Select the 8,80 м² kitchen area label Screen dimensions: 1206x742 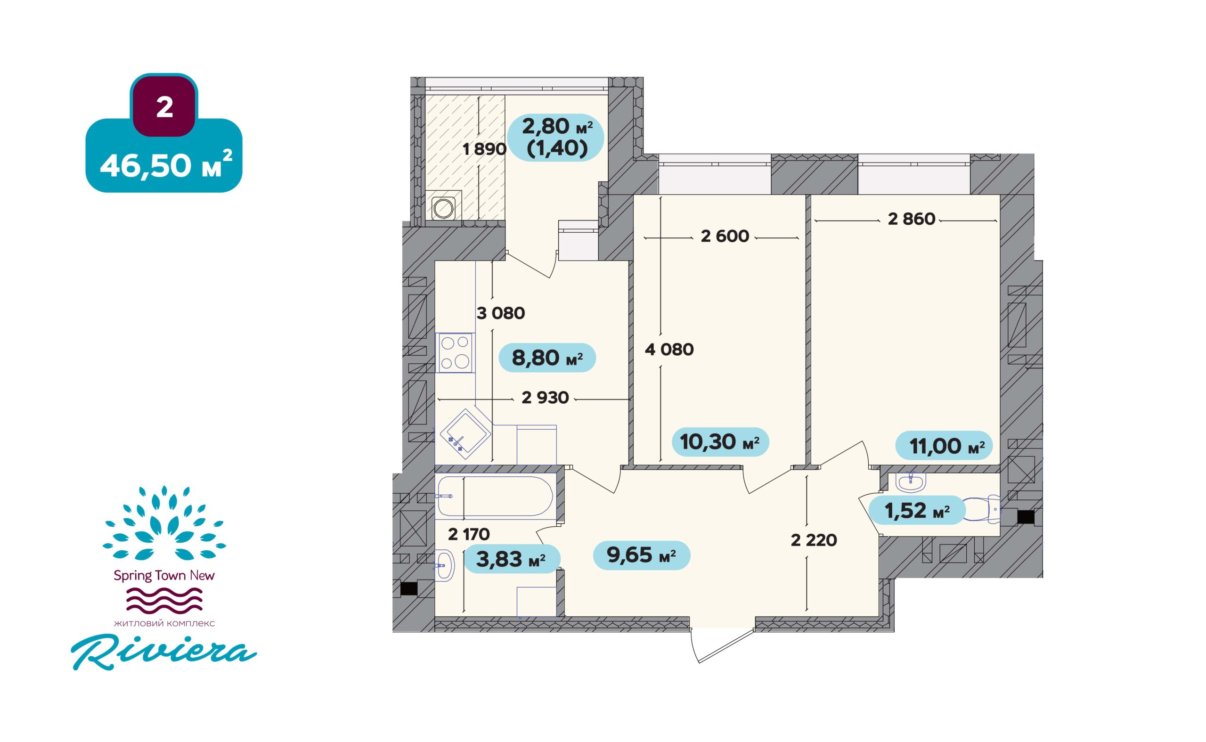tap(547, 358)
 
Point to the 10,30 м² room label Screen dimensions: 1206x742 tap(719, 442)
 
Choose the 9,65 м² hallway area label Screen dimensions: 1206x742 tap(641, 555)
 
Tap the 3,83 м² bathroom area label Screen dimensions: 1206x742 tap(511, 558)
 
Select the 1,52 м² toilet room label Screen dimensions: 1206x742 tap(917, 510)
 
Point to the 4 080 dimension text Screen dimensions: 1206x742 tap(669, 350)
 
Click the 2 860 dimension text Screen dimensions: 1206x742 tap(912, 219)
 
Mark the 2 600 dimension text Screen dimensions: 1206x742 tap(725, 236)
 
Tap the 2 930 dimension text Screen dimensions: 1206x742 tap(545, 397)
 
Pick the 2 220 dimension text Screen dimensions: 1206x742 tap(814, 540)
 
